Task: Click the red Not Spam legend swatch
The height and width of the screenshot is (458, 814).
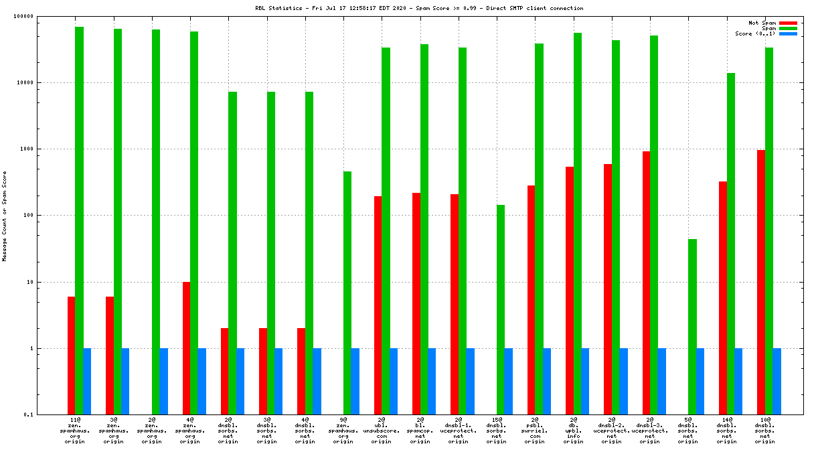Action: click(x=788, y=23)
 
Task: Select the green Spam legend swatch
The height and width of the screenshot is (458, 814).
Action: click(x=788, y=28)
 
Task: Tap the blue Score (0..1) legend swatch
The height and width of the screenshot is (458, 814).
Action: click(x=788, y=33)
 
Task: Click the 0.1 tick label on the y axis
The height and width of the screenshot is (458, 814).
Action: click(x=47, y=415)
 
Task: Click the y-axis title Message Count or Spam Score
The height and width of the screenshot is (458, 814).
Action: click(x=5, y=216)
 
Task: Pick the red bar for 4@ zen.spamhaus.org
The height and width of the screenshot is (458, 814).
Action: click(x=187, y=348)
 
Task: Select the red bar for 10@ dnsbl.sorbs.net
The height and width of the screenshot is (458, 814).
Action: click(x=761, y=282)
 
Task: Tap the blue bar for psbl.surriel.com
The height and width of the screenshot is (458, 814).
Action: click(x=547, y=382)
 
